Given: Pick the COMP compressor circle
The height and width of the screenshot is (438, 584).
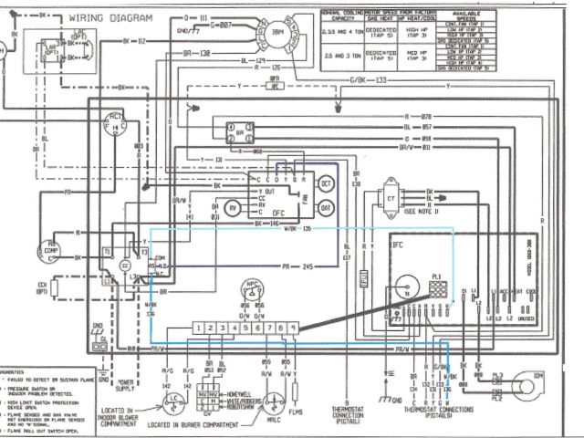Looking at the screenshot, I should click(47, 249).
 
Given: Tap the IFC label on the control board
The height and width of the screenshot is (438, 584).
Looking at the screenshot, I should click(397, 245).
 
